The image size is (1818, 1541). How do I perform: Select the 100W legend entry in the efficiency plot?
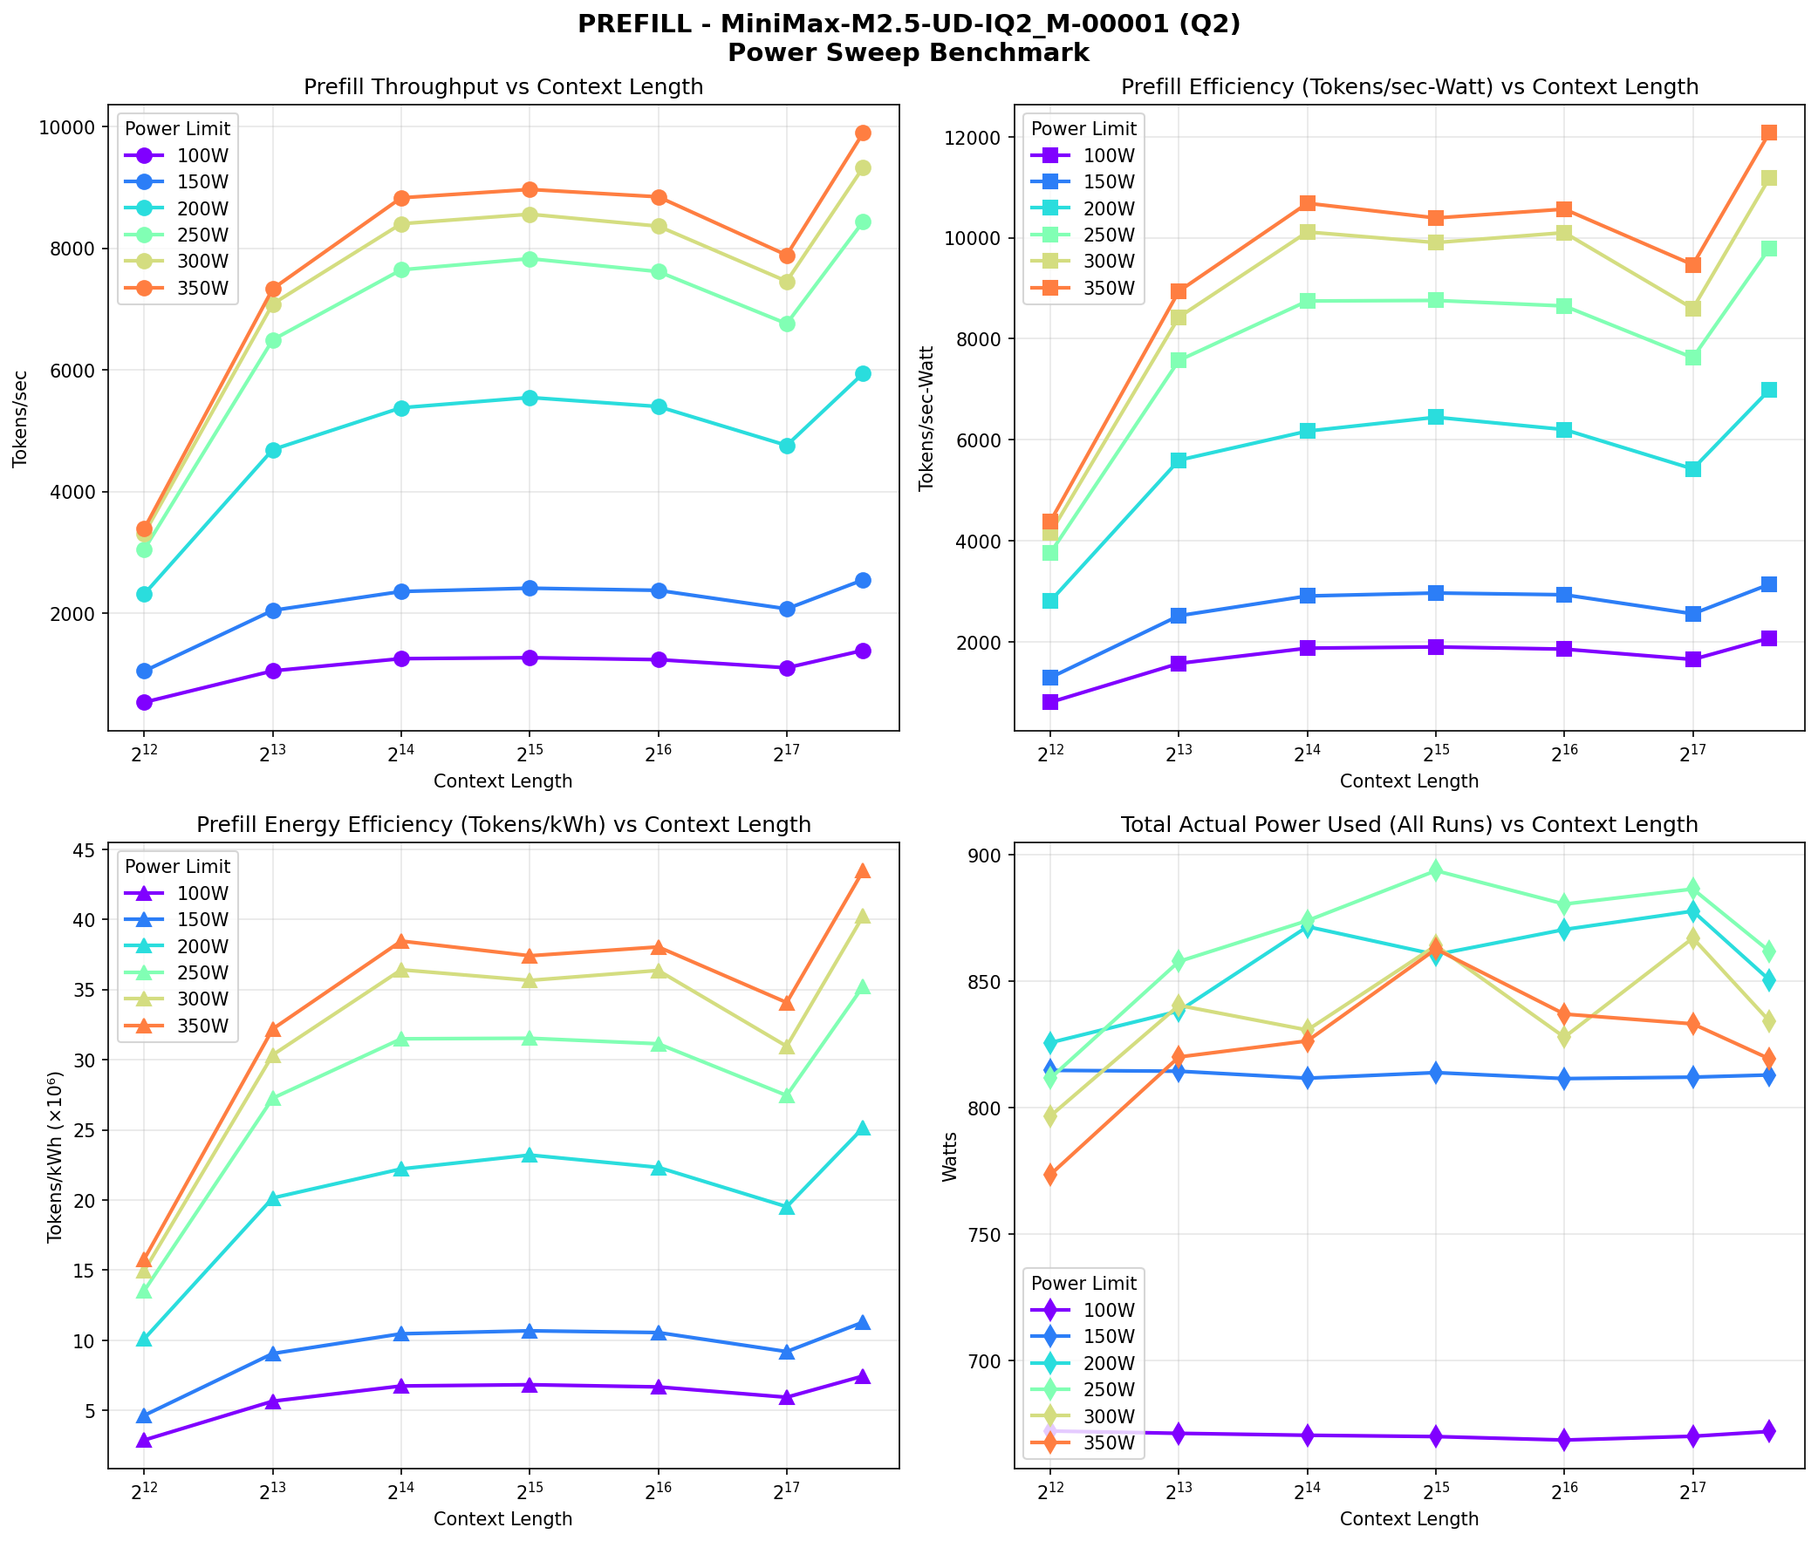point(1083,155)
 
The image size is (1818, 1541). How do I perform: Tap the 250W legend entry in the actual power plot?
point(1083,1389)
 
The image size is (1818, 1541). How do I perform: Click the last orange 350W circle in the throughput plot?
point(862,133)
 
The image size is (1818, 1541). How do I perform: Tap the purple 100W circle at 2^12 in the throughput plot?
point(144,702)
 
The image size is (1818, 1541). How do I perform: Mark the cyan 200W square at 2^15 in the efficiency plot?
point(1435,417)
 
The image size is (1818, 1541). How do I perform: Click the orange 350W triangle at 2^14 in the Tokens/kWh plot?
point(401,941)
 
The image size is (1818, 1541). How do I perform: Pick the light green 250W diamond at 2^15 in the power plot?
point(1435,870)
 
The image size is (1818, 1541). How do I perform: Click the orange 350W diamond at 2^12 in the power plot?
point(1050,1174)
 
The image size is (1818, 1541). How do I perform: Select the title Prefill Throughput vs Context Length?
point(503,87)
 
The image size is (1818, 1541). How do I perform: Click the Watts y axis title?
point(950,1156)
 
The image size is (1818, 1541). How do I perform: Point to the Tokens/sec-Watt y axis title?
point(927,418)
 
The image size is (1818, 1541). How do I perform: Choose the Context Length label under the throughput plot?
point(503,781)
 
